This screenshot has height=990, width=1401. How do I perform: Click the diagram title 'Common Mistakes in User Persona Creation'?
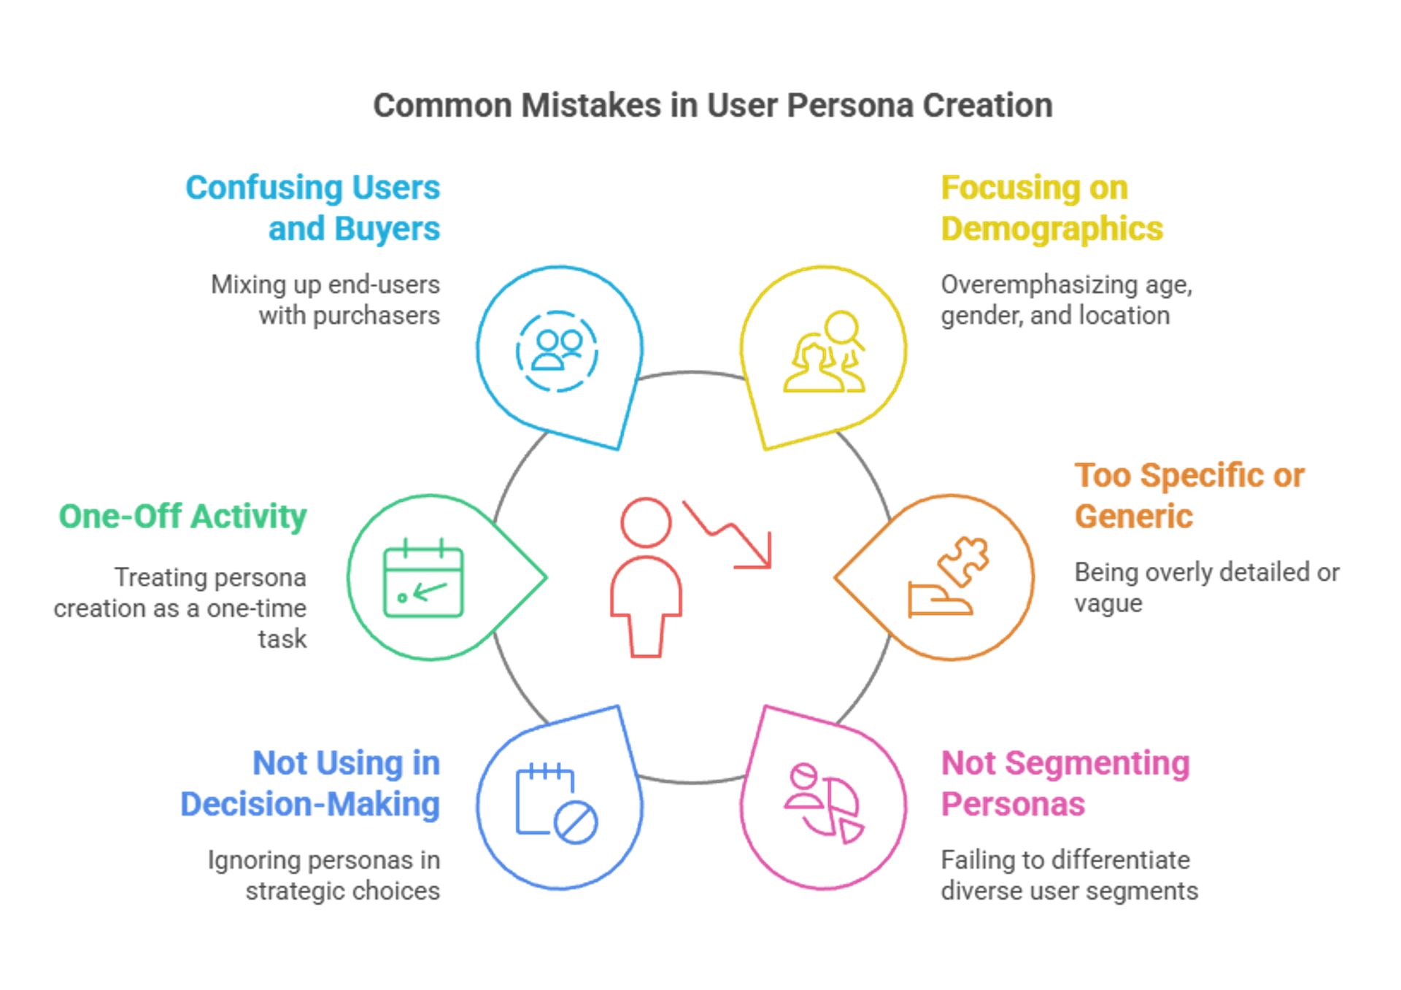click(x=712, y=106)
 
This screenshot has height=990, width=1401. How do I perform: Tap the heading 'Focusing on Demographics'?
click(x=1051, y=208)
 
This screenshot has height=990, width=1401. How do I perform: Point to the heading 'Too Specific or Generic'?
click(x=1189, y=496)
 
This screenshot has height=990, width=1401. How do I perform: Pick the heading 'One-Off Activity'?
click(x=182, y=517)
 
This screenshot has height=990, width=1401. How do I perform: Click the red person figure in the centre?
click(x=646, y=576)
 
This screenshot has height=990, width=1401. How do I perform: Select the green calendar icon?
click(x=423, y=578)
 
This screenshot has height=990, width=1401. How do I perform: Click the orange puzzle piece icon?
click(x=949, y=576)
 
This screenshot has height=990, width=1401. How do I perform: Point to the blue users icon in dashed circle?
click(x=557, y=351)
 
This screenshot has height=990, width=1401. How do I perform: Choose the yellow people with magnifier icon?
click(x=825, y=352)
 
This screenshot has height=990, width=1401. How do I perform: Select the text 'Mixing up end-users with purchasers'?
click(x=326, y=300)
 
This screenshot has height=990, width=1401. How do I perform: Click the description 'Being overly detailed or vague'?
click(x=1206, y=588)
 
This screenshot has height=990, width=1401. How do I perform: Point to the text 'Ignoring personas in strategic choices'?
click(x=325, y=875)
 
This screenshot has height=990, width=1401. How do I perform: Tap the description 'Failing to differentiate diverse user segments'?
click(x=1069, y=875)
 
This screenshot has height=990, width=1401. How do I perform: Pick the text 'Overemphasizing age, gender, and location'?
click(x=1066, y=300)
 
